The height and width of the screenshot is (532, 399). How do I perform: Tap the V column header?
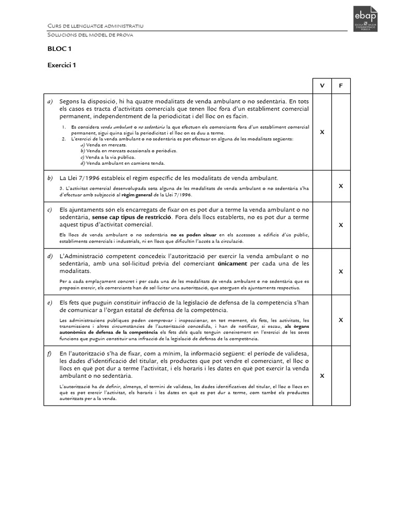tap(322, 85)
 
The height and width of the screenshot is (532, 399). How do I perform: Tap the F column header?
tap(341, 85)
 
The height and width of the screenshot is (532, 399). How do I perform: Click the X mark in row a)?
tap(322, 132)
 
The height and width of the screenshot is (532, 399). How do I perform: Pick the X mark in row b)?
tap(341, 185)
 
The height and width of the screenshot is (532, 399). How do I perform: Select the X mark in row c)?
tap(341, 225)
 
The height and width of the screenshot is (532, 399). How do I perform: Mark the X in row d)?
tap(341, 271)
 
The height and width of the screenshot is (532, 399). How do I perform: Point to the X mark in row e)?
tap(341, 320)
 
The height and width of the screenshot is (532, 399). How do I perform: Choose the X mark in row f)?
tap(322, 375)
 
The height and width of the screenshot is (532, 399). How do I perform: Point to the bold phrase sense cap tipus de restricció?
tap(132, 217)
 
